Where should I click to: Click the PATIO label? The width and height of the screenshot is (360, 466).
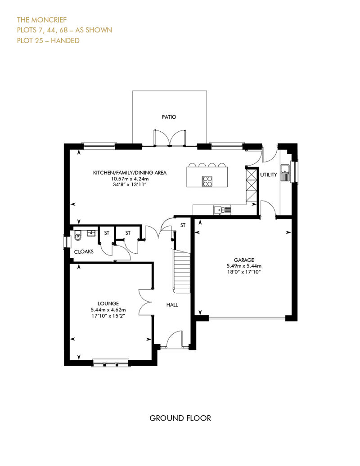click(169, 117)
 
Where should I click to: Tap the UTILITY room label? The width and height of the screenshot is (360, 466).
click(269, 175)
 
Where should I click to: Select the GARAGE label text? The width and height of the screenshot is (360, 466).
click(244, 260)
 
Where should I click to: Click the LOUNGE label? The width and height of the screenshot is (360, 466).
click(108, 304)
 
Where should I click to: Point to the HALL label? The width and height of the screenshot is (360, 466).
click(172, 305)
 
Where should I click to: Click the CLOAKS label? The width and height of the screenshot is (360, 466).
click(84, 252)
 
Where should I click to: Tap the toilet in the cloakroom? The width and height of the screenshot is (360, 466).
click(77, 236)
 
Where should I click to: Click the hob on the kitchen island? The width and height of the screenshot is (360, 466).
click(207, 181)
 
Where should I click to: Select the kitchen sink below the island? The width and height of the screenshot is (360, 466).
click(222, 210)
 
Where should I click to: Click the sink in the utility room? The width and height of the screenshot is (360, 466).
click(285, 172)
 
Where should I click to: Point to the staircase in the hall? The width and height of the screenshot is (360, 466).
click(182, 270)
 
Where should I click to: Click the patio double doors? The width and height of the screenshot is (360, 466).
click(170, 138)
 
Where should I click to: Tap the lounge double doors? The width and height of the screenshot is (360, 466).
click(145, 303)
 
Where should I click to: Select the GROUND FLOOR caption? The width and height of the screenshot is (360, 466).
click(180, 418)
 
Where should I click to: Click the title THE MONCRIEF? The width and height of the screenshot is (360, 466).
click(42, 20)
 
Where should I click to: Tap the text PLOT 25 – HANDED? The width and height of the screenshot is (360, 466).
click(48, 40)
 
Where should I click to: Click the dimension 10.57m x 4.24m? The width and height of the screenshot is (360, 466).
click(130, 179)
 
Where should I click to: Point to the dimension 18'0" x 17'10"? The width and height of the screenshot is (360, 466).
click(244, 272)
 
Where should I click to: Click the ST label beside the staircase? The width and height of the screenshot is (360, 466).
click(183, 225)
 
